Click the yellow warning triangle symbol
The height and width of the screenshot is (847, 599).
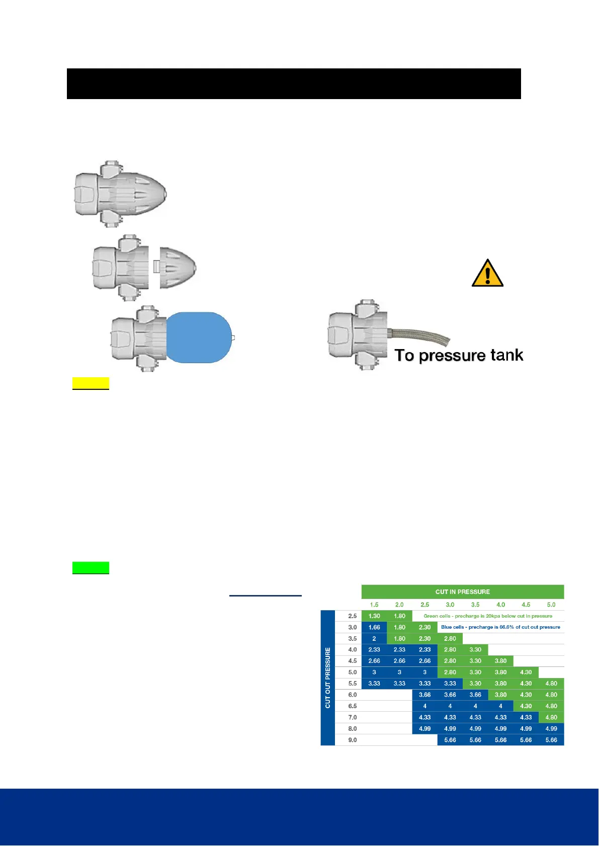(x=487, y=274)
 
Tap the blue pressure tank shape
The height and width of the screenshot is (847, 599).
(x=199, y=337)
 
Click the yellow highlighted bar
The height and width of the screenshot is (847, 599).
(x=91, y=383)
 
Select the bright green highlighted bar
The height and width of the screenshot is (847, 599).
(x=91, y=568)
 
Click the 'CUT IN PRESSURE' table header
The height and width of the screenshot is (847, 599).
(x=462, y=591)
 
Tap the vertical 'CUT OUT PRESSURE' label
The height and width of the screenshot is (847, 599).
(x=328, y=677)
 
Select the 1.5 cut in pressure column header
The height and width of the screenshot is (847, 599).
(x=374, y=605)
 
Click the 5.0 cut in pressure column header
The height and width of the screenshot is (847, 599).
(x=551, y=605)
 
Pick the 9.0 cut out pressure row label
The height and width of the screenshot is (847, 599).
(x=353, y=740)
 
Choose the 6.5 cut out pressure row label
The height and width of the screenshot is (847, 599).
(x=353, y=706)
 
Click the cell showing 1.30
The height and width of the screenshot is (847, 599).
(x=374, y=616)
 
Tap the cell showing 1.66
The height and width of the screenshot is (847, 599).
(x=374, y=627)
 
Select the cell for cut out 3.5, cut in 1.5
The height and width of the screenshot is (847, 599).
(x=374, y=639)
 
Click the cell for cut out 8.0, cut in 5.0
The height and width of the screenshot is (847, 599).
(x=551, y=729)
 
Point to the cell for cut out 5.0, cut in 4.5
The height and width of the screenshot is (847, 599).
(x=526, y=672)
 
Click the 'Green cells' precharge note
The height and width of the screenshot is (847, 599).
(x=487, y=616)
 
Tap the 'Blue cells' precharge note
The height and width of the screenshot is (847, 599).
(x=500, y=627)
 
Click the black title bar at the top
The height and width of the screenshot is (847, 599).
(x=294, y=83)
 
